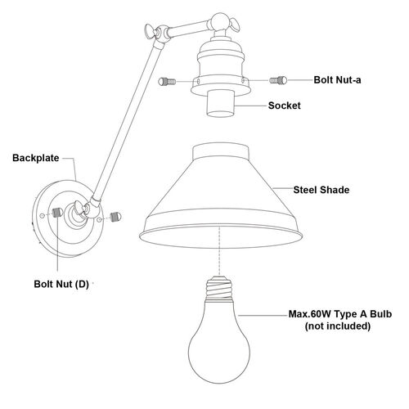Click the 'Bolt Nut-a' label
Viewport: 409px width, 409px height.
pyautogui.click(x=337, y=80)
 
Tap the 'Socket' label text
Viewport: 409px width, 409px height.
pyautogui.click(x=285, y=106)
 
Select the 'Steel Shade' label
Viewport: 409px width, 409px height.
pyautogui.click(x=321, y=190)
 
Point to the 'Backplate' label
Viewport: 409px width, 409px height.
pyautogui.click(x=36, y=158)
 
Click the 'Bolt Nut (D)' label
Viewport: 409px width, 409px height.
pyautogui.click(x=61, y=284)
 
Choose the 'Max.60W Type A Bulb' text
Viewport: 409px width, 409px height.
pyautogui.click(x=340, y=314)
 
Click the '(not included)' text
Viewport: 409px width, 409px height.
pyautogui.click(x=338, y=326)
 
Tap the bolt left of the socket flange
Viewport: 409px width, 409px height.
pyautogui.click(x=167, y=81)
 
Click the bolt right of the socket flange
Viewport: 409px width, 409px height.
pyautogui.click(x=278, y=80)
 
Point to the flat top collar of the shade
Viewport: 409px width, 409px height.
pyautogui.click(x=221, y=151)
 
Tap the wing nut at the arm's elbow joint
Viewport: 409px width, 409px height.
pyautogui.click(x=151, y=30)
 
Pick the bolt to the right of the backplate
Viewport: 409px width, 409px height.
pyautogui.click(x=115, y=217)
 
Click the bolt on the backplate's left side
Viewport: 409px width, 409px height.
pyautogui.click(x=56, y=213)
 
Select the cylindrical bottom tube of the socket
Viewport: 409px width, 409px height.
pyautogui.click(x=220, y=104)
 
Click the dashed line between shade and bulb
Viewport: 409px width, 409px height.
pyautogui.click(x=219, y=249)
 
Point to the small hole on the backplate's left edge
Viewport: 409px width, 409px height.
pyautogui.click(x=42, y=216)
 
